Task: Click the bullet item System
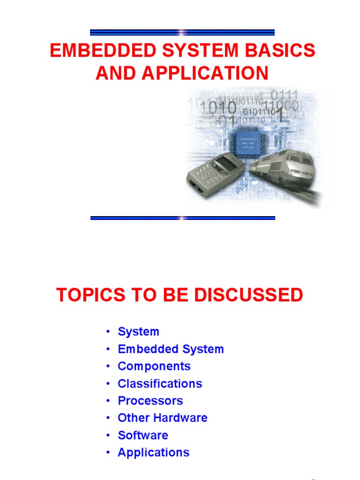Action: pyautogui.click(x=138, y=332)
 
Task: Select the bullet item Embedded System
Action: pyautogui.click(x=171, y=349)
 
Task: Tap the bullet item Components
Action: pyautogui.click(x=154, y=366)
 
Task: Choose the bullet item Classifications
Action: pyautogui.click(x=160, y=383)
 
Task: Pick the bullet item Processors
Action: pyautogui.click(x=150, y=401)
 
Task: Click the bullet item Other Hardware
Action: pyautogui.click(x=162, y=418)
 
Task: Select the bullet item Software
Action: pyautogui.click(x=142, y=435)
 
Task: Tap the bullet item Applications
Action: pyautogui.click(x=153, y=452)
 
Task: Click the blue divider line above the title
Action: pyautogui.click(x=182, y=32)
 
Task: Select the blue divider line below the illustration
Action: pyautogui.click(x=182, y=218)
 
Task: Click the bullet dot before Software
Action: pyautogui.click(x=108, y=435)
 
